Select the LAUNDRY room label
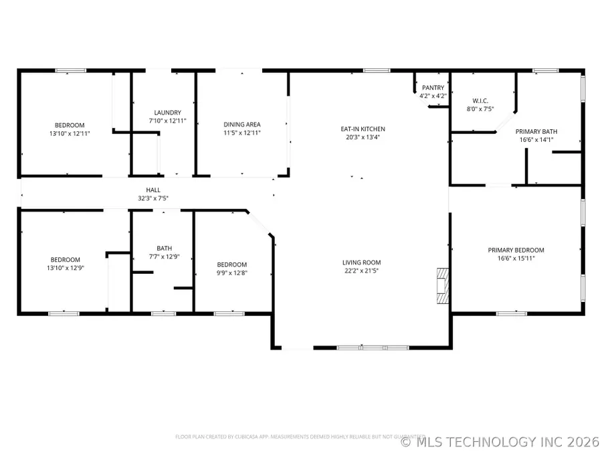[167, 112]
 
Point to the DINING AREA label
[241, 124]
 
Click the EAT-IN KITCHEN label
[363, 129]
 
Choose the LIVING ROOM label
[361, 262]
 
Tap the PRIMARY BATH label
[536, 131]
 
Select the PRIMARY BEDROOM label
[516, 249]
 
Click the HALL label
[153, 190]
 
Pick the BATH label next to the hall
[164, 248]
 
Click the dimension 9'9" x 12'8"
[231, 273]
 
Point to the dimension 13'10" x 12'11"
[70, 133]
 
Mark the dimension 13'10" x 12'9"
[65, 268]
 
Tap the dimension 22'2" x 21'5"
[361, 271]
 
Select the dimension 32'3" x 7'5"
[153, 198]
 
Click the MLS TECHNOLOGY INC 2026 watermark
[500, 442]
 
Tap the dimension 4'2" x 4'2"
[433, 96]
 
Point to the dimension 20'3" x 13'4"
[363, 137]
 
